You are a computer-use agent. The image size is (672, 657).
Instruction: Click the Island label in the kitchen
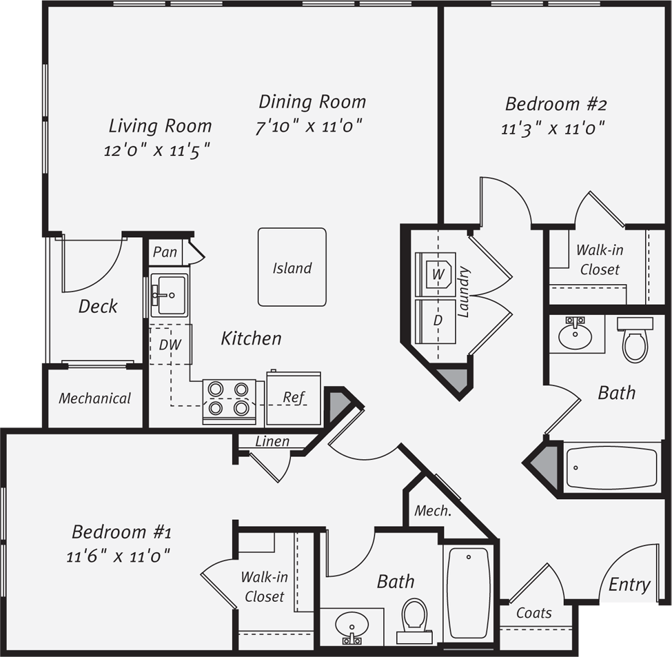click(292, 268)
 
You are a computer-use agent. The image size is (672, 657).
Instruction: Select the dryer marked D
click(437, 321)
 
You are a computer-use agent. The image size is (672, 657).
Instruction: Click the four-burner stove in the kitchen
click(229, 401)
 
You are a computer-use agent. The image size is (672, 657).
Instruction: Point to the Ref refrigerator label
click(293, 397)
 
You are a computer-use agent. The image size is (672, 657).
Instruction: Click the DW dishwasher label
click(170, 345)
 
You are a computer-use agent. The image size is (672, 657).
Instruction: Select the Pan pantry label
click(165, 252)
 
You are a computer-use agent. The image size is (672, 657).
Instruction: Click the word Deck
click(98, 306)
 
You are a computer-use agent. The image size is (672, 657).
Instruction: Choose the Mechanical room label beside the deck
click(94, 398)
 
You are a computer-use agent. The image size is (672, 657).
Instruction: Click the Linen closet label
click(272, 441)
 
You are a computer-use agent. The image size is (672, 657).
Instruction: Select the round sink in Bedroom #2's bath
click(575, 334)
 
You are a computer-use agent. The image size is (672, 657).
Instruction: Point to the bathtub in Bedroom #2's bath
click(611, 468)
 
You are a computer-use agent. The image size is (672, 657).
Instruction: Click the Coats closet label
click(534, 614)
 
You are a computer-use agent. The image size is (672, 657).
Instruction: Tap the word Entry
click(629, 585)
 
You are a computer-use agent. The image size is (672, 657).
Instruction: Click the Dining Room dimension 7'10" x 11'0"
click(309, 126)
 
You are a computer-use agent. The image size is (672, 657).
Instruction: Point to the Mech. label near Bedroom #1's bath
click(433, 511)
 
